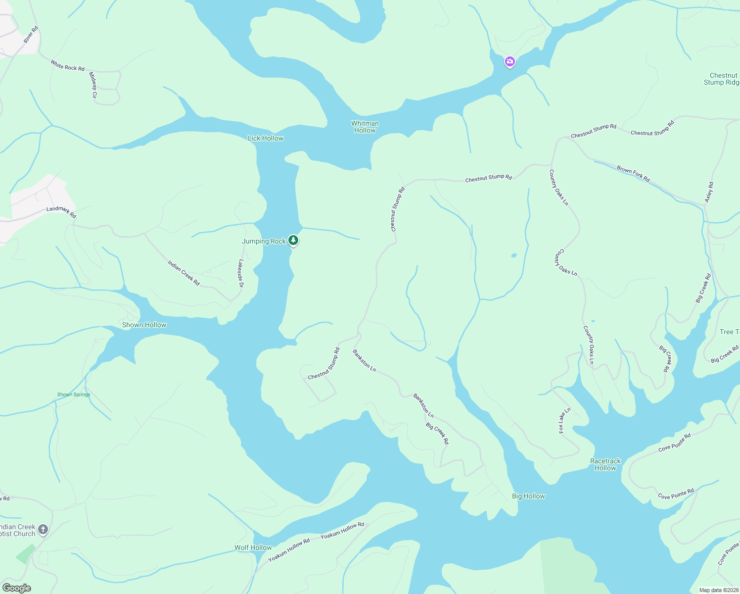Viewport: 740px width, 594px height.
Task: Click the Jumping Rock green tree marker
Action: (293, 241)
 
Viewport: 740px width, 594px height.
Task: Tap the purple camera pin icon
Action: (509, 62)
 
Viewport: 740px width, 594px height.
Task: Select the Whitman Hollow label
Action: (365, 127)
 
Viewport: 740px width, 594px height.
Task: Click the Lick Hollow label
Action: (266, 138)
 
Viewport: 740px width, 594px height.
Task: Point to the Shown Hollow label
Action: (144, 325)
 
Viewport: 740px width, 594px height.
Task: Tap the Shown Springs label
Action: (74, 395)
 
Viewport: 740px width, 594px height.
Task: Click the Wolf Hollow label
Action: (253, 547)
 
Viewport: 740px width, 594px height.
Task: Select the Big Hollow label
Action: (528, 496)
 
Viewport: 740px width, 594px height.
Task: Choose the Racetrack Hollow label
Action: (605, 464)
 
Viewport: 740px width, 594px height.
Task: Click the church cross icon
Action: (43, 530)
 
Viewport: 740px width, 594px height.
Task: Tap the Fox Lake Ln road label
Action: (564, 420)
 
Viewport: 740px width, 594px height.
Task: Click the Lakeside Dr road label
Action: (241, 274)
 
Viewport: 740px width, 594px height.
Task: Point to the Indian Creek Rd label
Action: (184, 273)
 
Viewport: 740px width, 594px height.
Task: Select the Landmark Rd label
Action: (61, 212)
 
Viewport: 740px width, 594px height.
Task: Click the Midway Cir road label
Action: (93, 85)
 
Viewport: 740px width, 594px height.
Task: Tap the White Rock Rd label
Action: (67, 65)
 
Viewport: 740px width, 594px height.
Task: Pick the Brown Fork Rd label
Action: (633, 174)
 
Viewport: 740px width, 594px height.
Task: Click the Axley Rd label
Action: (709, 192)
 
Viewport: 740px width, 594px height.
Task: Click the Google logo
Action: (17, 588)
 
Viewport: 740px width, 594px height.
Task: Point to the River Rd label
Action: (31, 35)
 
